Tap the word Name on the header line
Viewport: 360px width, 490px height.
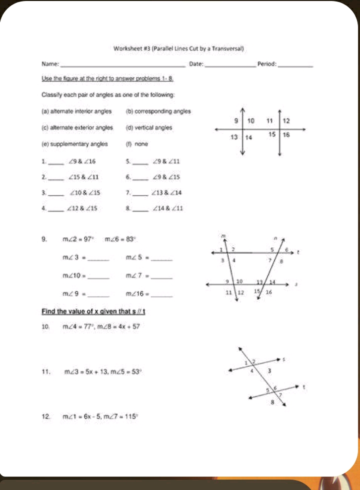51,64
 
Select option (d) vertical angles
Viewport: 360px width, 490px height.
149,127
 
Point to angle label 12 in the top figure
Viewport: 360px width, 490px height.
287,120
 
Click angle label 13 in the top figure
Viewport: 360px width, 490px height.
236,136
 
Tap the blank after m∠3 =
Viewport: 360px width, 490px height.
99,258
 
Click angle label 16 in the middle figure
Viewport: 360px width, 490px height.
269,293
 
